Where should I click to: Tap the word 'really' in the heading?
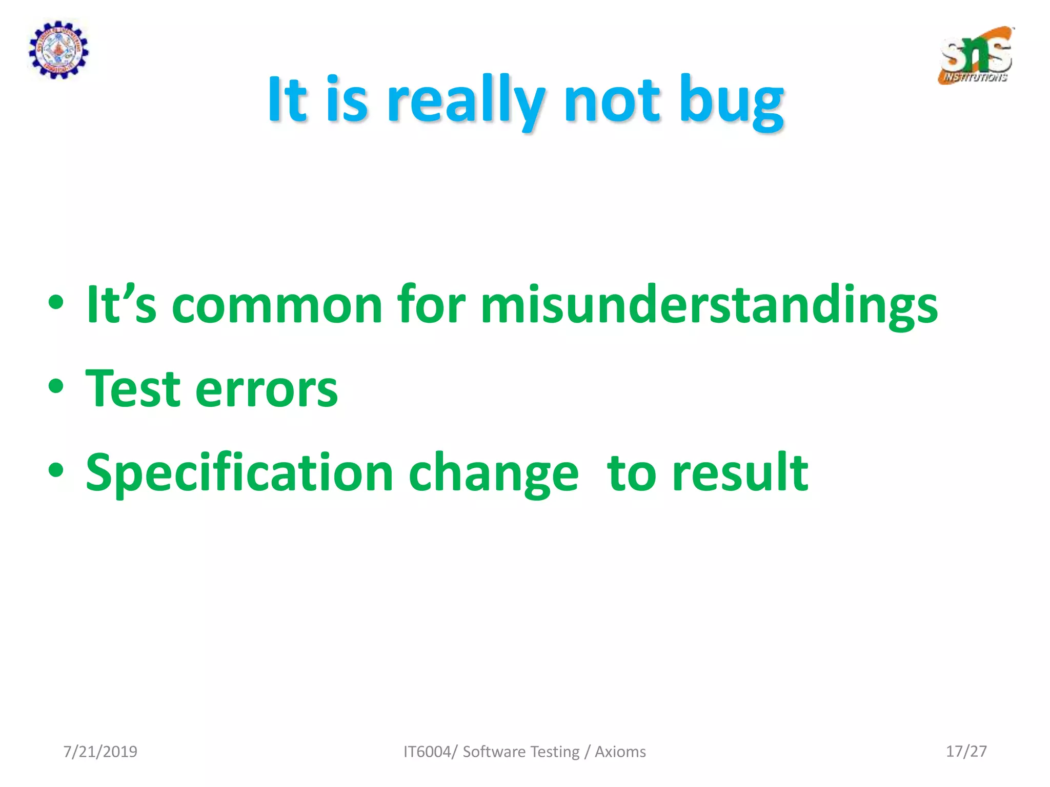coord(466,100)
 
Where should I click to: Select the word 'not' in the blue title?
coord(611,100)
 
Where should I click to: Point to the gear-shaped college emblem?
coord(58,50)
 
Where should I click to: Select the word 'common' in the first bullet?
coord(277,306)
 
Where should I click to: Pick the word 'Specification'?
coord(239,473)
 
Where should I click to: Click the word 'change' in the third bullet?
coord(494,474)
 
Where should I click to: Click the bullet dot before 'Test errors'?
coord(56,386)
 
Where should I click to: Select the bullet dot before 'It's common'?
coord(56,302)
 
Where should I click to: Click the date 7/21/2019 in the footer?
coord(100,752)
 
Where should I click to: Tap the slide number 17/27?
coord(966,751)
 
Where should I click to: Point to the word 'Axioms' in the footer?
coord(620,752)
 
